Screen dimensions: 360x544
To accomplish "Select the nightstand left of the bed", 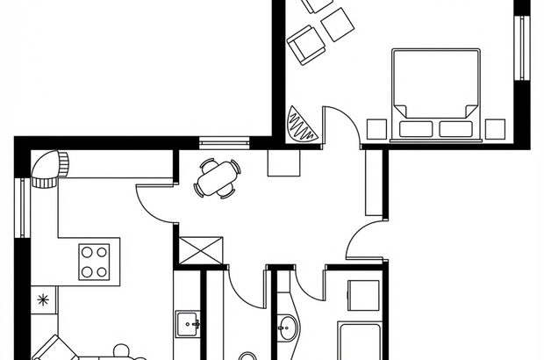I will click(x=377, y=128).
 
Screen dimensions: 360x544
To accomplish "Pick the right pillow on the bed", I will click(x=456, y=129).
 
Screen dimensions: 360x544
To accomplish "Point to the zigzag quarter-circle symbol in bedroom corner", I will click(x=303, y=126).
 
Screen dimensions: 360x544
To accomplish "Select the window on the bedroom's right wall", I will click(x=524, y=48).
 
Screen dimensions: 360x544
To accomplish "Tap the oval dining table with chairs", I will click(x=217, y=179).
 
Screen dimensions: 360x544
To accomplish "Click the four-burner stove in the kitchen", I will click(x=95, y=262).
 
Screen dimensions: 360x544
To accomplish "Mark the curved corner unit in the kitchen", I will click(x=47, y=168).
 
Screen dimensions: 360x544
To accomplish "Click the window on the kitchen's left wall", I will click(x=20, y=208).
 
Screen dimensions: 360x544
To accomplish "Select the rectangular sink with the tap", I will click(x=189, y=325).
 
